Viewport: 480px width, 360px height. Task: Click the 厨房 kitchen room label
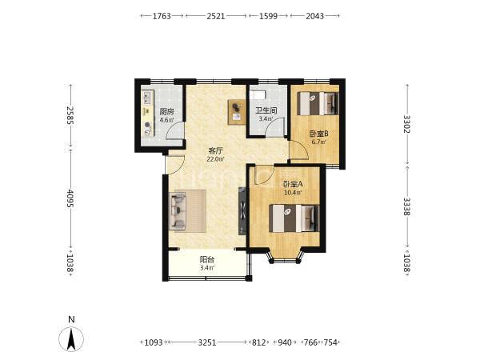167,112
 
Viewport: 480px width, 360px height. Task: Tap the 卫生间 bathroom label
266,110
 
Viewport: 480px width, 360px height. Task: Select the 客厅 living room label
215,151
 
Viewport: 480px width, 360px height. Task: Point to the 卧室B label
318,134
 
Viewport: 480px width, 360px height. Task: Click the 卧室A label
293,184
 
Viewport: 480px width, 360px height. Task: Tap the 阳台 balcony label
207,260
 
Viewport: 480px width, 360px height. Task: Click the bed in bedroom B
318,103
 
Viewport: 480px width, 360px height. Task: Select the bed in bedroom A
294,218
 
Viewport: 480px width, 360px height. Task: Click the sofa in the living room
178,211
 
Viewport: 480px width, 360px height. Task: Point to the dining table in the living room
237,112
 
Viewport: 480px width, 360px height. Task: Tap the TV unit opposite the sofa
242,210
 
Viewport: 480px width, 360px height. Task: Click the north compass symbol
71,339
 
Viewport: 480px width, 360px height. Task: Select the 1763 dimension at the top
162,16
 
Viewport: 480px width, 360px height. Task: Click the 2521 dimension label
216,16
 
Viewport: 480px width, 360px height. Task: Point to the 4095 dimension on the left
70,198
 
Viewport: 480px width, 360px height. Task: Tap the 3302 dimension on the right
407,124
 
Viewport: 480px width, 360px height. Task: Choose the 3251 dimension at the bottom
207,342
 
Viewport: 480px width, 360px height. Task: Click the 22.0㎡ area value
215,159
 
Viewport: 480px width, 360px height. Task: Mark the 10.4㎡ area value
293,193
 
